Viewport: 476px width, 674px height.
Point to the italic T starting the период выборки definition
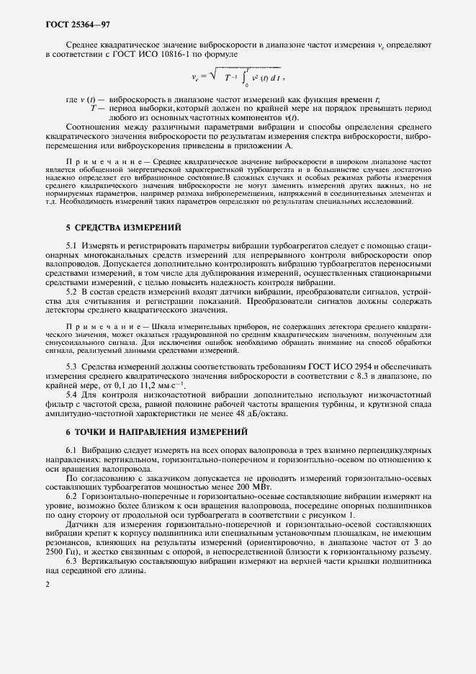(x=92, y=108)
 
